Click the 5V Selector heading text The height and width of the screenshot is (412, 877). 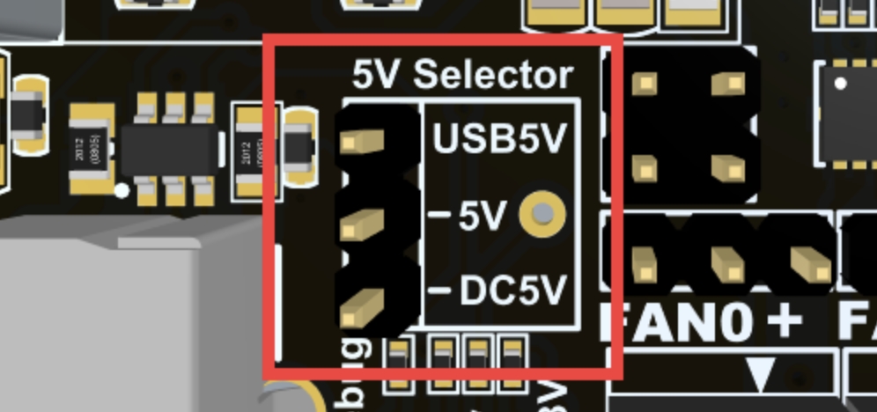pos(463,76)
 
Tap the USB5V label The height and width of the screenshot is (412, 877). pos(499,139)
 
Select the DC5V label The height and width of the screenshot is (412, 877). pos(512,291)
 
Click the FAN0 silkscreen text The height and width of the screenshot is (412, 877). pos(678,320)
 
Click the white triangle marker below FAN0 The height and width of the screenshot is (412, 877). pos(759,373)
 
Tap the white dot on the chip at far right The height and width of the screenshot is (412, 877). pos(842,84)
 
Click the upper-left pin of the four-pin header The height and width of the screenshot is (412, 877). pos(647,84)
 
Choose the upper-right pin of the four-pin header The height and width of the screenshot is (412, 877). pos(727,84)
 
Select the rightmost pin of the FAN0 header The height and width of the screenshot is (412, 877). pos(806,261)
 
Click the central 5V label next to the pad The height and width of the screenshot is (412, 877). pos(483,215)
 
